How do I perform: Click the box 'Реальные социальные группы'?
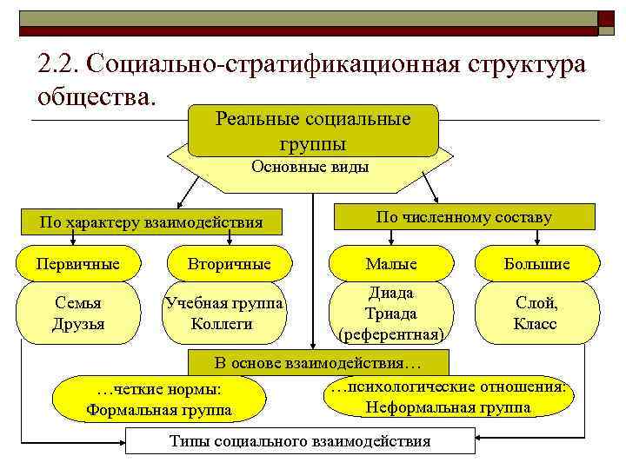(x=313, y=130)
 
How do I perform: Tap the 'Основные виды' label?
(x=310, y=167)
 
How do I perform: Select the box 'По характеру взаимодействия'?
(x=151, y=221)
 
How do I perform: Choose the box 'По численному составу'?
(x=463, y=216)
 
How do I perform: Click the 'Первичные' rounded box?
(x=79, y=263)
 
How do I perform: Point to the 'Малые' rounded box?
(x=390, y=263)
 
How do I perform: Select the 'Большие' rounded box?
(x=536, y=263)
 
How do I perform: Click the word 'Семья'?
(x=79, y=304)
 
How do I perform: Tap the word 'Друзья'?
(x=79, y=324)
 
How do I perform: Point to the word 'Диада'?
(x=390, y=293)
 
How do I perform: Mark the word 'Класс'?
(x=536, y=324)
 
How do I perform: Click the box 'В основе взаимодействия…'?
(x=317, y=362)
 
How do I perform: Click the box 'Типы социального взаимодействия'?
(x=300, y=441)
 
